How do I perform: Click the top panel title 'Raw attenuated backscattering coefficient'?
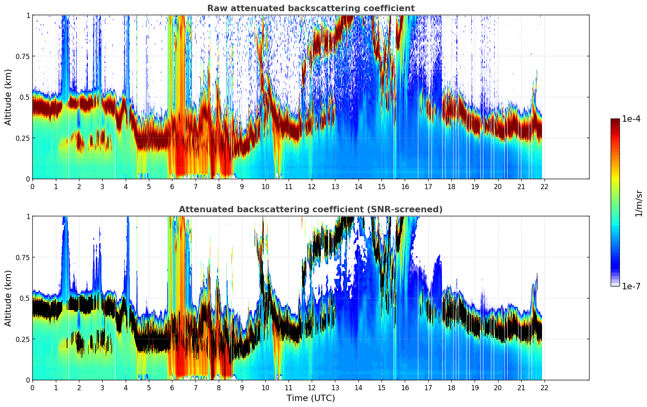[x=311, y=8]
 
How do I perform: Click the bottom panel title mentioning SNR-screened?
[x=311, y=209]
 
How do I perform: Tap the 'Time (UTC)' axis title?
[x=311, y=398]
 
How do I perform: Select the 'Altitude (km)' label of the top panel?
[x=8, y=97]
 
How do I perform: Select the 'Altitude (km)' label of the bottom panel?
[x=8, y=298]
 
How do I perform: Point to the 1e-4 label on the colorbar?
[x=631, y=119]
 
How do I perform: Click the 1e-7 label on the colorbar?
[x=631, y=286]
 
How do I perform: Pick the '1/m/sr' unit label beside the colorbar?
[x=638, y=203]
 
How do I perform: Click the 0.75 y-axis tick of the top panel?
[x=22, y=56]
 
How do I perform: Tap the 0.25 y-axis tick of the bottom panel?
[x=22, y=339]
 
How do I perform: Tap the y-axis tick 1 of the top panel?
[x=28, y=15]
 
